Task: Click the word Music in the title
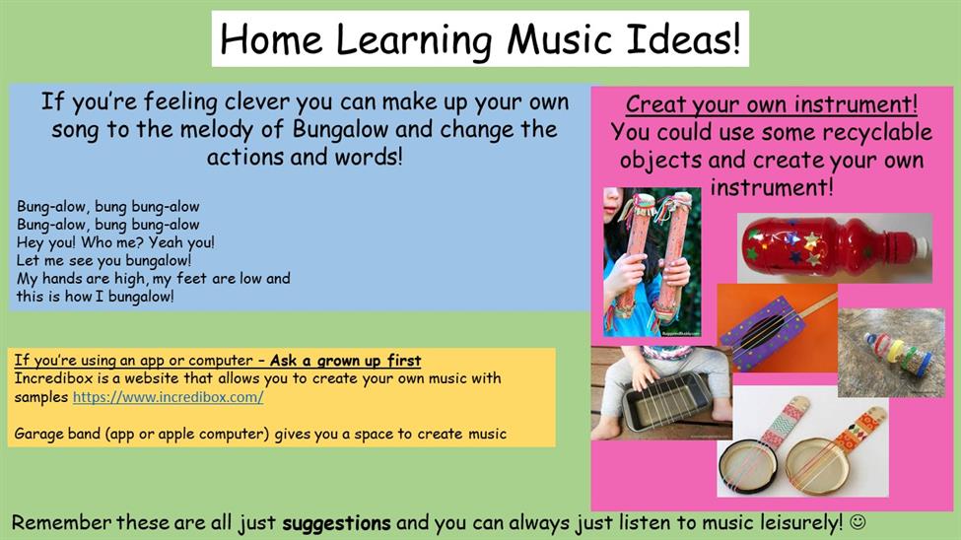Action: click(x=559, y=39)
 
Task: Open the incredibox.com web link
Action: click(x=168, y=397)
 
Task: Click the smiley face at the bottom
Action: click(x=858, y=522)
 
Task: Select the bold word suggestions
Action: click(x=336, y=523)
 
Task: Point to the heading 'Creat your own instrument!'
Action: click(x=771, y=104)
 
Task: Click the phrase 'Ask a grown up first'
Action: click(x=345, y=361)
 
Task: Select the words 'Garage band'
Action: click(x=56, y=434)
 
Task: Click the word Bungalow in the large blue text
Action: click(x=340, y=130)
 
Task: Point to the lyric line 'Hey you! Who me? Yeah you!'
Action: click(x=115, y=242)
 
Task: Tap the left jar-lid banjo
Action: click(x=754, y=453)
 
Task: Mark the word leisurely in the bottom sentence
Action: click(x=801, y=523)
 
